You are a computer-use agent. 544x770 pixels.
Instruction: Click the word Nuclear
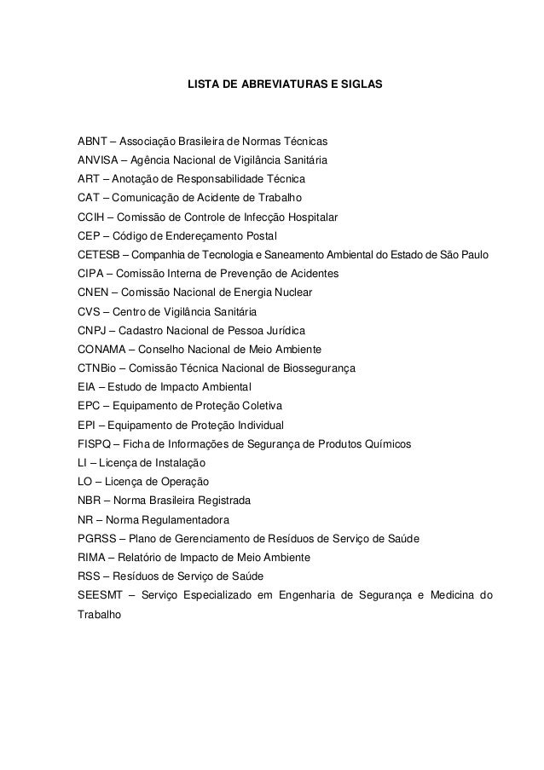point(292,292)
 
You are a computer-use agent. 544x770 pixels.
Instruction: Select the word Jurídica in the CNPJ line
point(286,331)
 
